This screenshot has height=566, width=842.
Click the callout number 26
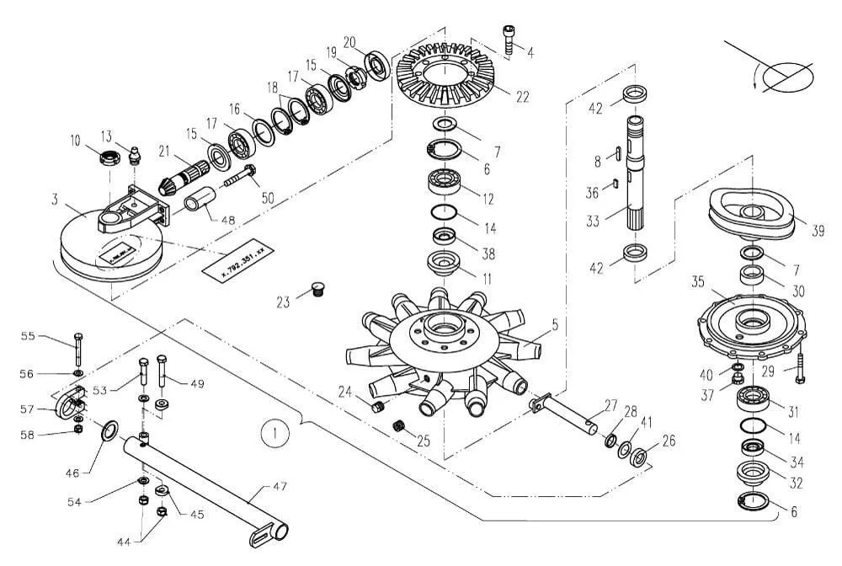(668, 439)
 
